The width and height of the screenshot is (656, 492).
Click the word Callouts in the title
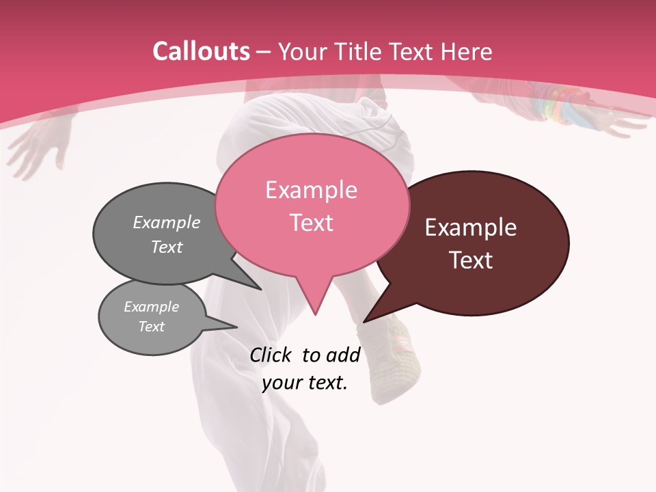pos(201,51)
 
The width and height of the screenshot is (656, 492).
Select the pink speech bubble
pos(312,205)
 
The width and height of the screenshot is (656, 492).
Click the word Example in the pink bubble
pos(311,190)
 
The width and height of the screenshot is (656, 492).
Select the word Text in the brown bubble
pos(471,260)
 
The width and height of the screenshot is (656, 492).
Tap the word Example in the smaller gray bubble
pos(152,307)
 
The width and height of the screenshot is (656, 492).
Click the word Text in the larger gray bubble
pos(167,247)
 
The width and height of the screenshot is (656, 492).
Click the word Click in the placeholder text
pos(271,355)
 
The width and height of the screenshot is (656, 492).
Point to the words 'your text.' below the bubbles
pos(305,383)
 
